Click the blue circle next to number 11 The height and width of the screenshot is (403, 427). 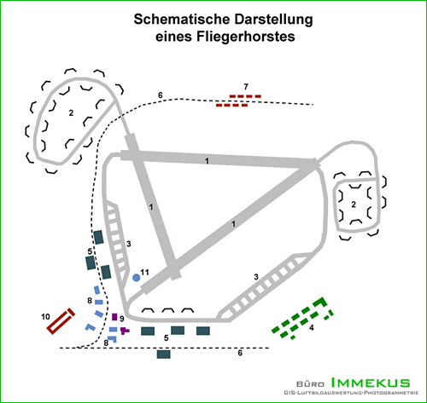[137, 278]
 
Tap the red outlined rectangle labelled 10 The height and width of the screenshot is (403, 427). [61, 321]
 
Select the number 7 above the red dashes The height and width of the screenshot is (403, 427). [246, 87]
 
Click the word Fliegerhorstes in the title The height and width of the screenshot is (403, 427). [225, 37]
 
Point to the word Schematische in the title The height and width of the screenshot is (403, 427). [182, 20]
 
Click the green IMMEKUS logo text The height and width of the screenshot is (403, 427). [371, 383]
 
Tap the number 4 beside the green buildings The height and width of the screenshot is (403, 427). [312, 327]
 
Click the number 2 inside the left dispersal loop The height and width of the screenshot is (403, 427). [71, 113]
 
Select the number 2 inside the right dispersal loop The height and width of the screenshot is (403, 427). [354, 204]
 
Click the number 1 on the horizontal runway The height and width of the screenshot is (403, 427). [207, 161]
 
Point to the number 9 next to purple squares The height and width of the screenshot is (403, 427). [122, 319]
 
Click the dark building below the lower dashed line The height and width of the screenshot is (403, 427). [164, 354]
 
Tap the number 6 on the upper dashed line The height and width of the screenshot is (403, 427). [161, 95]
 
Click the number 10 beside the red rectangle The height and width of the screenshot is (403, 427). [45, 317]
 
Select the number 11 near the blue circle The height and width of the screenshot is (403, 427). [144, 273]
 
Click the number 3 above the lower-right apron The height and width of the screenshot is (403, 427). [256, 277]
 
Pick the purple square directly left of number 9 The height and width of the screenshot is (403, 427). [114, 317]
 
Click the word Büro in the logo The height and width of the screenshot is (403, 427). [310, 384]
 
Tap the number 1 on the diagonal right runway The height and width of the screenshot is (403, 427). [233, 224]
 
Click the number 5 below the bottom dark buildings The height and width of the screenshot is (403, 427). [167, 337]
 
